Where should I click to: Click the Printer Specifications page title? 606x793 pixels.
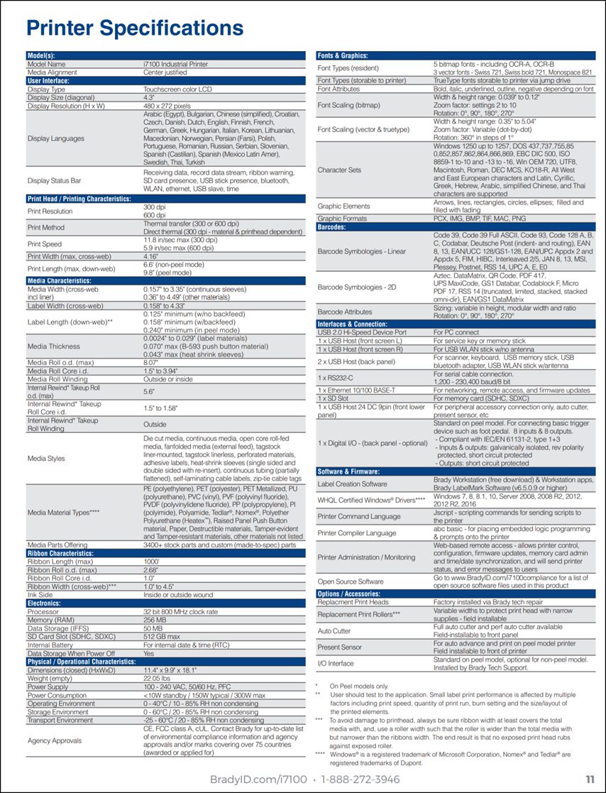tap(135, 28)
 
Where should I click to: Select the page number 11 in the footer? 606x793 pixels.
tap(590, 779)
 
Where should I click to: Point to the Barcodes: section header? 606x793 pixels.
tap(331, 227)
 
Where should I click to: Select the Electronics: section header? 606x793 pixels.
tap(44, 603)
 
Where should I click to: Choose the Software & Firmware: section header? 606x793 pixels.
tap(348, 471)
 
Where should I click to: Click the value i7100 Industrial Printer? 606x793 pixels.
tap(175, 64)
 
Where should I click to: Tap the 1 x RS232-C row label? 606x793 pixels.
tap(337, 376)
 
